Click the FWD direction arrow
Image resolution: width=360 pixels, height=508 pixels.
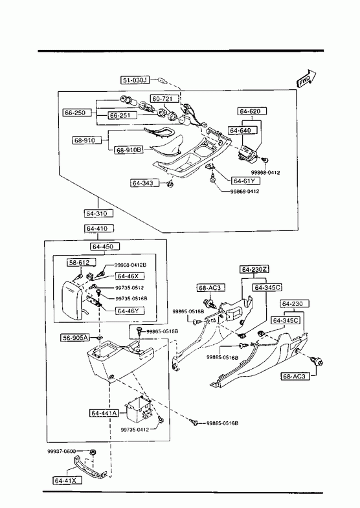(306, 79)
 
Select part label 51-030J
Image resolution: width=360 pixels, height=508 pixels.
(135, 80)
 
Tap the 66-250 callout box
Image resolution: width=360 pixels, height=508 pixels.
(75, 113)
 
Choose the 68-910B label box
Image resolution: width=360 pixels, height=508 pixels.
(129, 150)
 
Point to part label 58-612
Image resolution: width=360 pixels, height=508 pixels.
(78, 262)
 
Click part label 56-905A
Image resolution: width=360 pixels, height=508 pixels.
(75, 338)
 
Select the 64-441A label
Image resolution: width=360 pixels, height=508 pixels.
(104, 413)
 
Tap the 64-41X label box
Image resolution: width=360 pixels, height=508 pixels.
(67, 480)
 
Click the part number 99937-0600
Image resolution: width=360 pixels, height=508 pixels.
(62, 451)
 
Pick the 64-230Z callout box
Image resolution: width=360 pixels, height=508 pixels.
(254, 269)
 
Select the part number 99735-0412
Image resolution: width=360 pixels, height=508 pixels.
(135, 430)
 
